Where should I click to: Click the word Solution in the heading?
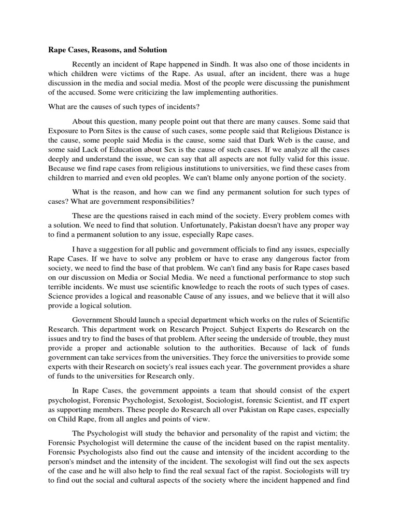pyautogui.click(x=151, y=50)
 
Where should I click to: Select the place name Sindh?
pyautogui.click(x=247, y=63)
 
